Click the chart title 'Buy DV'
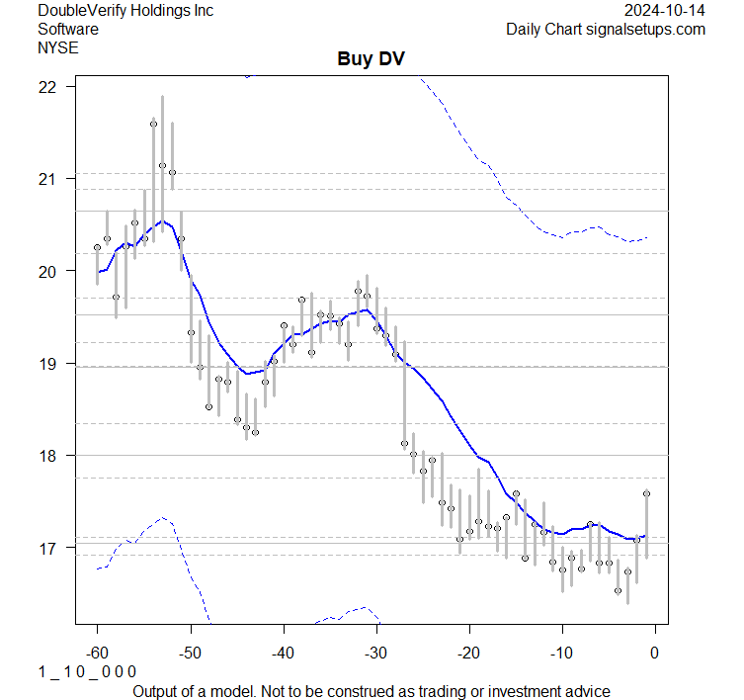point(372,59)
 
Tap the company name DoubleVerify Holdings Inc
point(124,11)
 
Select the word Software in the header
point(69,29)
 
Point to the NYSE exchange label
point(59,46)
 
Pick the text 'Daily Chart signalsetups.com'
point(606,29)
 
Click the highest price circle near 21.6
point(153,124)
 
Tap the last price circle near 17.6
point(646,493)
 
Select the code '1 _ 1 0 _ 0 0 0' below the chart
point(87,671)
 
